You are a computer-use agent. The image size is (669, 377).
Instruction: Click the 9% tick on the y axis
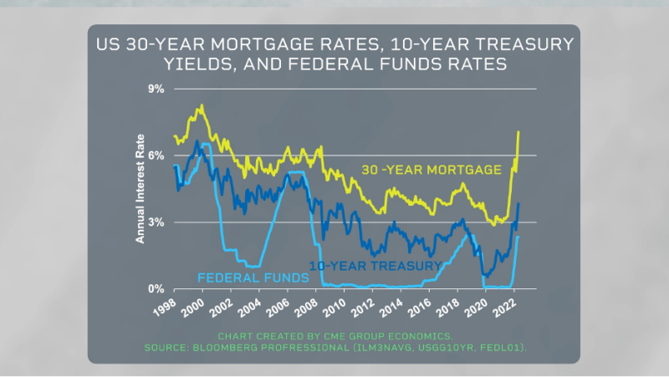(156, 89)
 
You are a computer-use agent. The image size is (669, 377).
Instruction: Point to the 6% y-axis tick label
(156, 155)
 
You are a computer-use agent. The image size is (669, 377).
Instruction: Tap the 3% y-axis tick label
(156, 222)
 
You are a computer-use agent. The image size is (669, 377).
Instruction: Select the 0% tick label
(156, 289)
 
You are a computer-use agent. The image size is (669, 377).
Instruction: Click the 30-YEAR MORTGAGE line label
(431, 170)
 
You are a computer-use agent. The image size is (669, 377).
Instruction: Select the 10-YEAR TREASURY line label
(375, 267)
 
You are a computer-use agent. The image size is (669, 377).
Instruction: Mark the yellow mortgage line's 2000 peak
(202, 105)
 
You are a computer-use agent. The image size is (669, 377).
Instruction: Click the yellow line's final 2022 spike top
(519, 131)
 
